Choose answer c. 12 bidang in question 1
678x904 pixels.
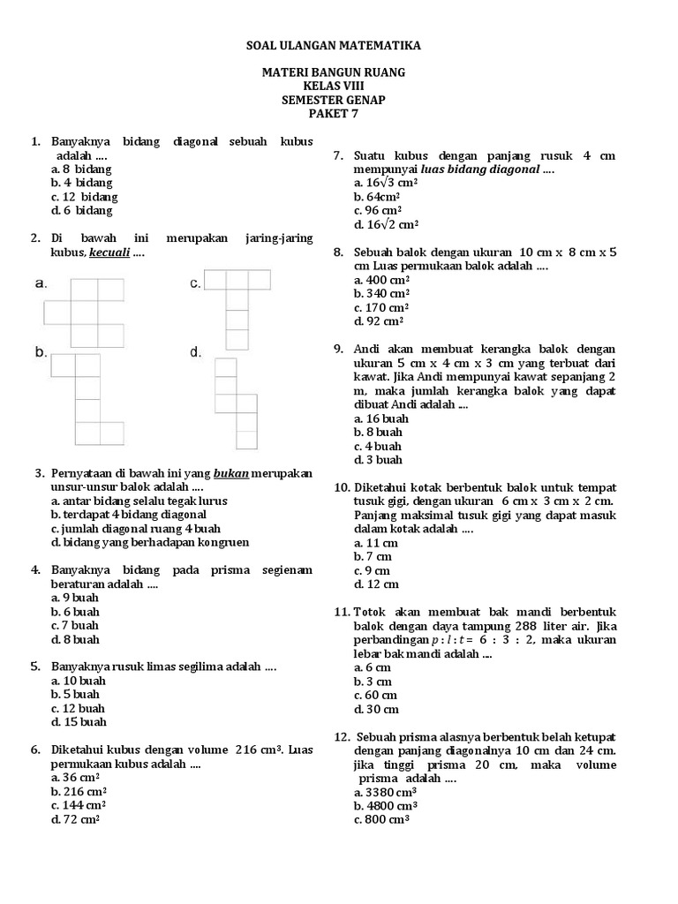click(x=85, y=197)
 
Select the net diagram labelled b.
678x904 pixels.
click(x=87, y=399)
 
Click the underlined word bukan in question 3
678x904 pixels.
click(x=231, y=473)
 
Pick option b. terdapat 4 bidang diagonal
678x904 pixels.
click(x=129, y=514)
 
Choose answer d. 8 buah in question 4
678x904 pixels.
click(x=75, y=639)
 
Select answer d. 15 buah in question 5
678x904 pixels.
click(x=78, y=722)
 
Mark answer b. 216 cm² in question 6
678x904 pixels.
click(x=79, y=792)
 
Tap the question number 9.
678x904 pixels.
click(x=339, y=350)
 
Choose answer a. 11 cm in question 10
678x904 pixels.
click(x=376, y=543)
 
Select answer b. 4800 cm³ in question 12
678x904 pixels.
click(x=386, y=806)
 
